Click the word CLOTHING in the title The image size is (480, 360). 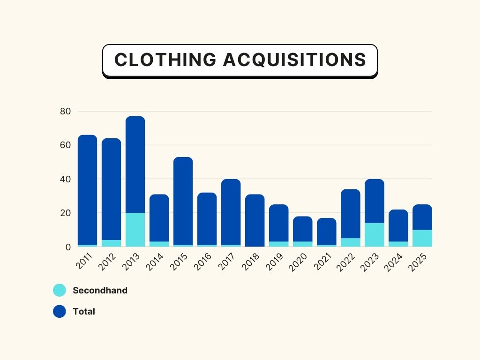click(x=165, y=60)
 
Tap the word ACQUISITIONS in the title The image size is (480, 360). click(x=294, y=60)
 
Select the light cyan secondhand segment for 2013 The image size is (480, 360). click(x=135, y=230)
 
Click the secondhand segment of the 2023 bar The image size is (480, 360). click(x=374, y=234)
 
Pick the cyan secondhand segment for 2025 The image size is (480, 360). click(x=422, y=238)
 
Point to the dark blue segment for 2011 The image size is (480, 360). click(x=87, y=187)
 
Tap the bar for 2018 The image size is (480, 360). click(x=255, y=220)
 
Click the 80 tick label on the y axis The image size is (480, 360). click(x=65, y=112)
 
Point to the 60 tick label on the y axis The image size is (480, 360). click(x=65, y=145)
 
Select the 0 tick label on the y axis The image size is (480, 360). click(x=67, y=247)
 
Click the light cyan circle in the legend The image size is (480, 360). click(x=60, y=290)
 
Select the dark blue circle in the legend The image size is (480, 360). click(x=60, y=311)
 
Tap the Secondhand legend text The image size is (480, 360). click(x=100, y=290)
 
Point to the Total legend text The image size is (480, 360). click(x=84, y=311)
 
